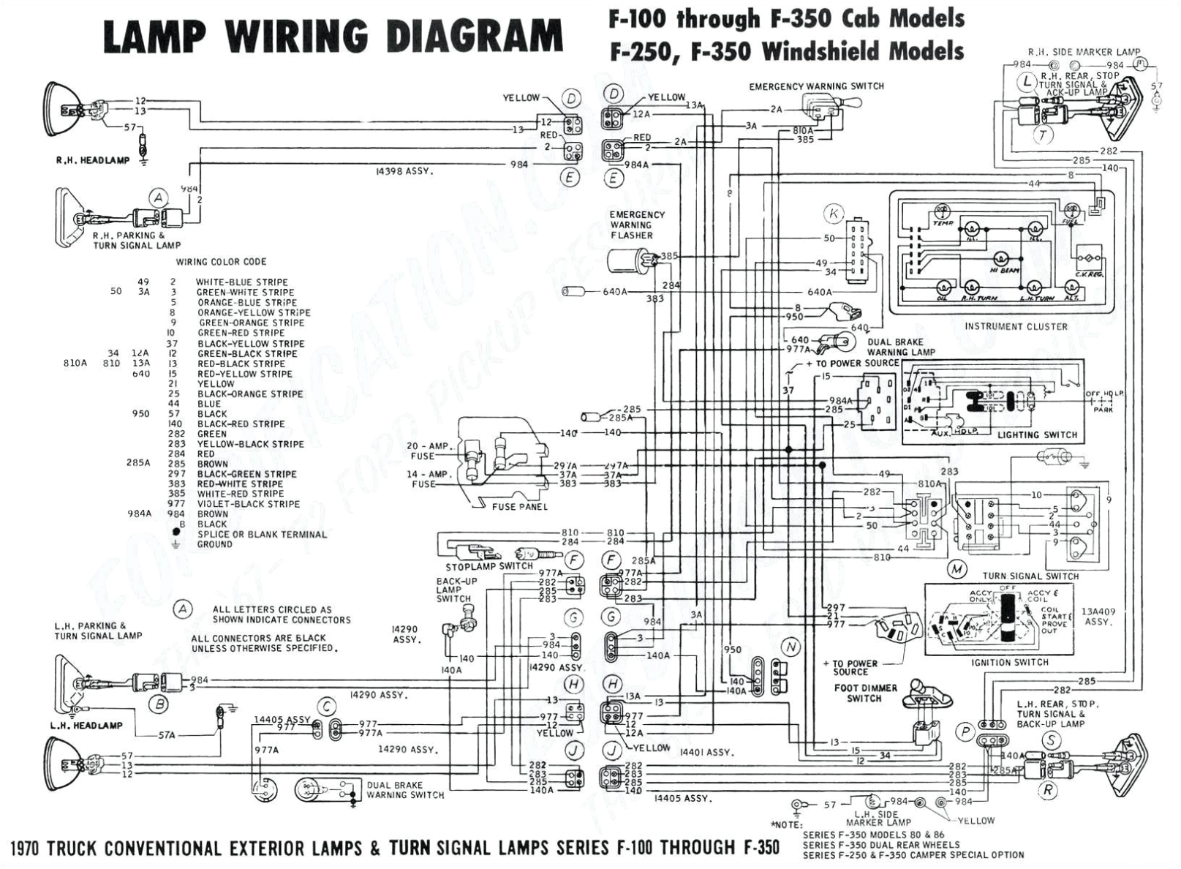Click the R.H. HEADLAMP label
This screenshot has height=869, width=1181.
93,160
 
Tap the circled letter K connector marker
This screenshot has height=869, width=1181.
833,214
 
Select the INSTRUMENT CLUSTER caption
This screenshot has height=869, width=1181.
1015,326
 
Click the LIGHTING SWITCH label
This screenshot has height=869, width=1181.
1037,434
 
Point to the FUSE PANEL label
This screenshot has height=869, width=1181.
519,506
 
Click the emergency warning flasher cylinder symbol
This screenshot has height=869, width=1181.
626,259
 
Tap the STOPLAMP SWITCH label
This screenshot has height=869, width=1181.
489,566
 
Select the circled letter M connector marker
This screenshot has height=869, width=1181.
957,569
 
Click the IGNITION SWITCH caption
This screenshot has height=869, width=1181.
1009,662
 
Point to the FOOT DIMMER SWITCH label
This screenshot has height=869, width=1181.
865,693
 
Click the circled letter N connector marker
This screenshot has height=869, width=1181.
791,647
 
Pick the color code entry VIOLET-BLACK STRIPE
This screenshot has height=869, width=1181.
248,504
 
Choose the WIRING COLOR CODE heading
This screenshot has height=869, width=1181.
221,262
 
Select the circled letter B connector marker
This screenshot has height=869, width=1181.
159,704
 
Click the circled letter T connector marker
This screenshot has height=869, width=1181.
1043,134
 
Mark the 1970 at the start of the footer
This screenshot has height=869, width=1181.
26,849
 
